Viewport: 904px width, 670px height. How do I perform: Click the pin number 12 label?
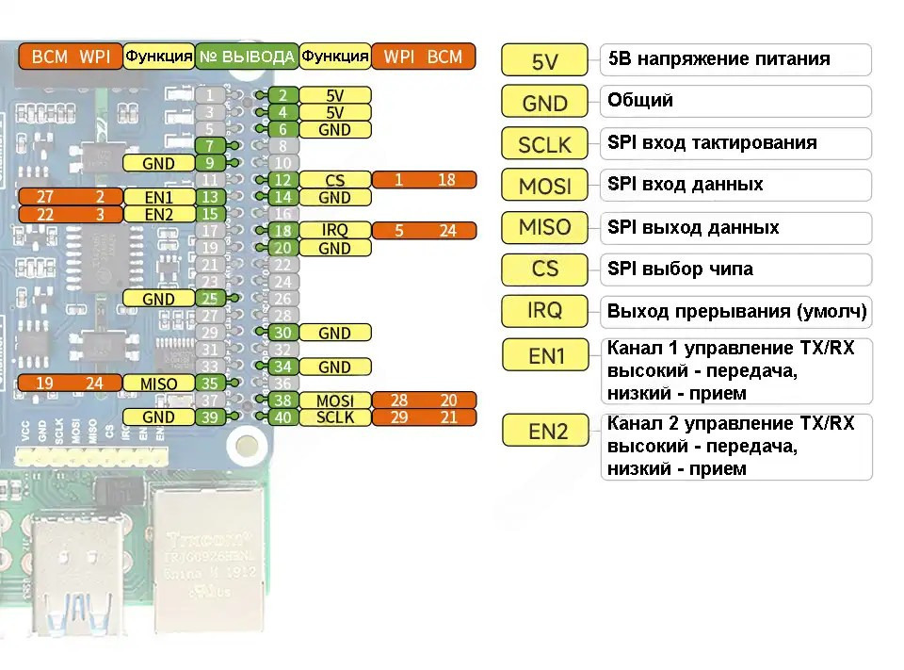[x=282, y=180]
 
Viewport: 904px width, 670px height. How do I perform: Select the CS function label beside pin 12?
[x=334, y=180]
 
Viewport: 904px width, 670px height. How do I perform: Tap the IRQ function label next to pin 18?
[x=334, y=231]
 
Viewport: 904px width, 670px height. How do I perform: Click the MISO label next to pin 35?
[x=158, y=384]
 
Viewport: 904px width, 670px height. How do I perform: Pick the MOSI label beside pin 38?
[x=334, y=400]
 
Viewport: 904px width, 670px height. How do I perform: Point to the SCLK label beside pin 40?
[x=334, y=417]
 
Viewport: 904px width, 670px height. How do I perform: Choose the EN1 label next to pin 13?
[x=158, y=197]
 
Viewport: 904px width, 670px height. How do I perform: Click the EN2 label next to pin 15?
[x=158, y=214]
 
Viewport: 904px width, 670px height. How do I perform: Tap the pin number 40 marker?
[x=282, y=417]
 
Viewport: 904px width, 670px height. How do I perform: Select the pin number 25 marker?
[x=211, y=299]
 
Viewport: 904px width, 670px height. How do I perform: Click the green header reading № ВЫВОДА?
[x=247, y=57]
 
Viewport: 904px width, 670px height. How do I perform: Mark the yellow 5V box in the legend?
[x=544, y=61]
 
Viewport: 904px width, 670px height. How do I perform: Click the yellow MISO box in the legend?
[x=544, y=228]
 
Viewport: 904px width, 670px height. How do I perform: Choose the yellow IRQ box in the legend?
[x=544, y=311]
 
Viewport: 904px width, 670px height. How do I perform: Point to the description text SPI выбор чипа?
[x=680, y=270]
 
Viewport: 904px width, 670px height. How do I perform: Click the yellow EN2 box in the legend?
[x=547, y=431]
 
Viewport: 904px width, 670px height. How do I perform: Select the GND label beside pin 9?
[x=158, y=163]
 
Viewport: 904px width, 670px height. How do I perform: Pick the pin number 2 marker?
[x=282, y=95]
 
